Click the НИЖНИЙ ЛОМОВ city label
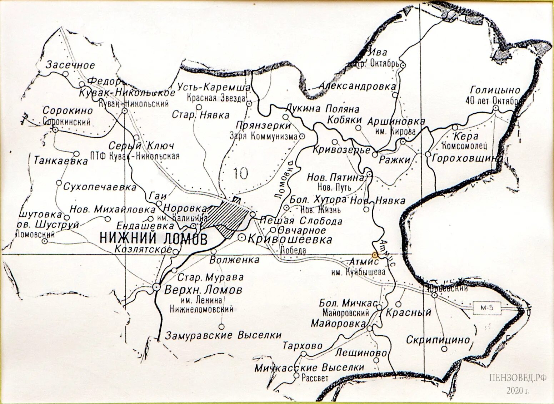tap(153, 238)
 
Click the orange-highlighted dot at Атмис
tap(374, 255)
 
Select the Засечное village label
tap(70, 65)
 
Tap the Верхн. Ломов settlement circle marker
tap(156, 287)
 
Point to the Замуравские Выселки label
tap(223, 335)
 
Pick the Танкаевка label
tap(60, 161)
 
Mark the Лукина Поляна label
tap(322, 109)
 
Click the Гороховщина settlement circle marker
tap(428, 154)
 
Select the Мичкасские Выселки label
tap(309, 367)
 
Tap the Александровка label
tap(357, 86)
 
